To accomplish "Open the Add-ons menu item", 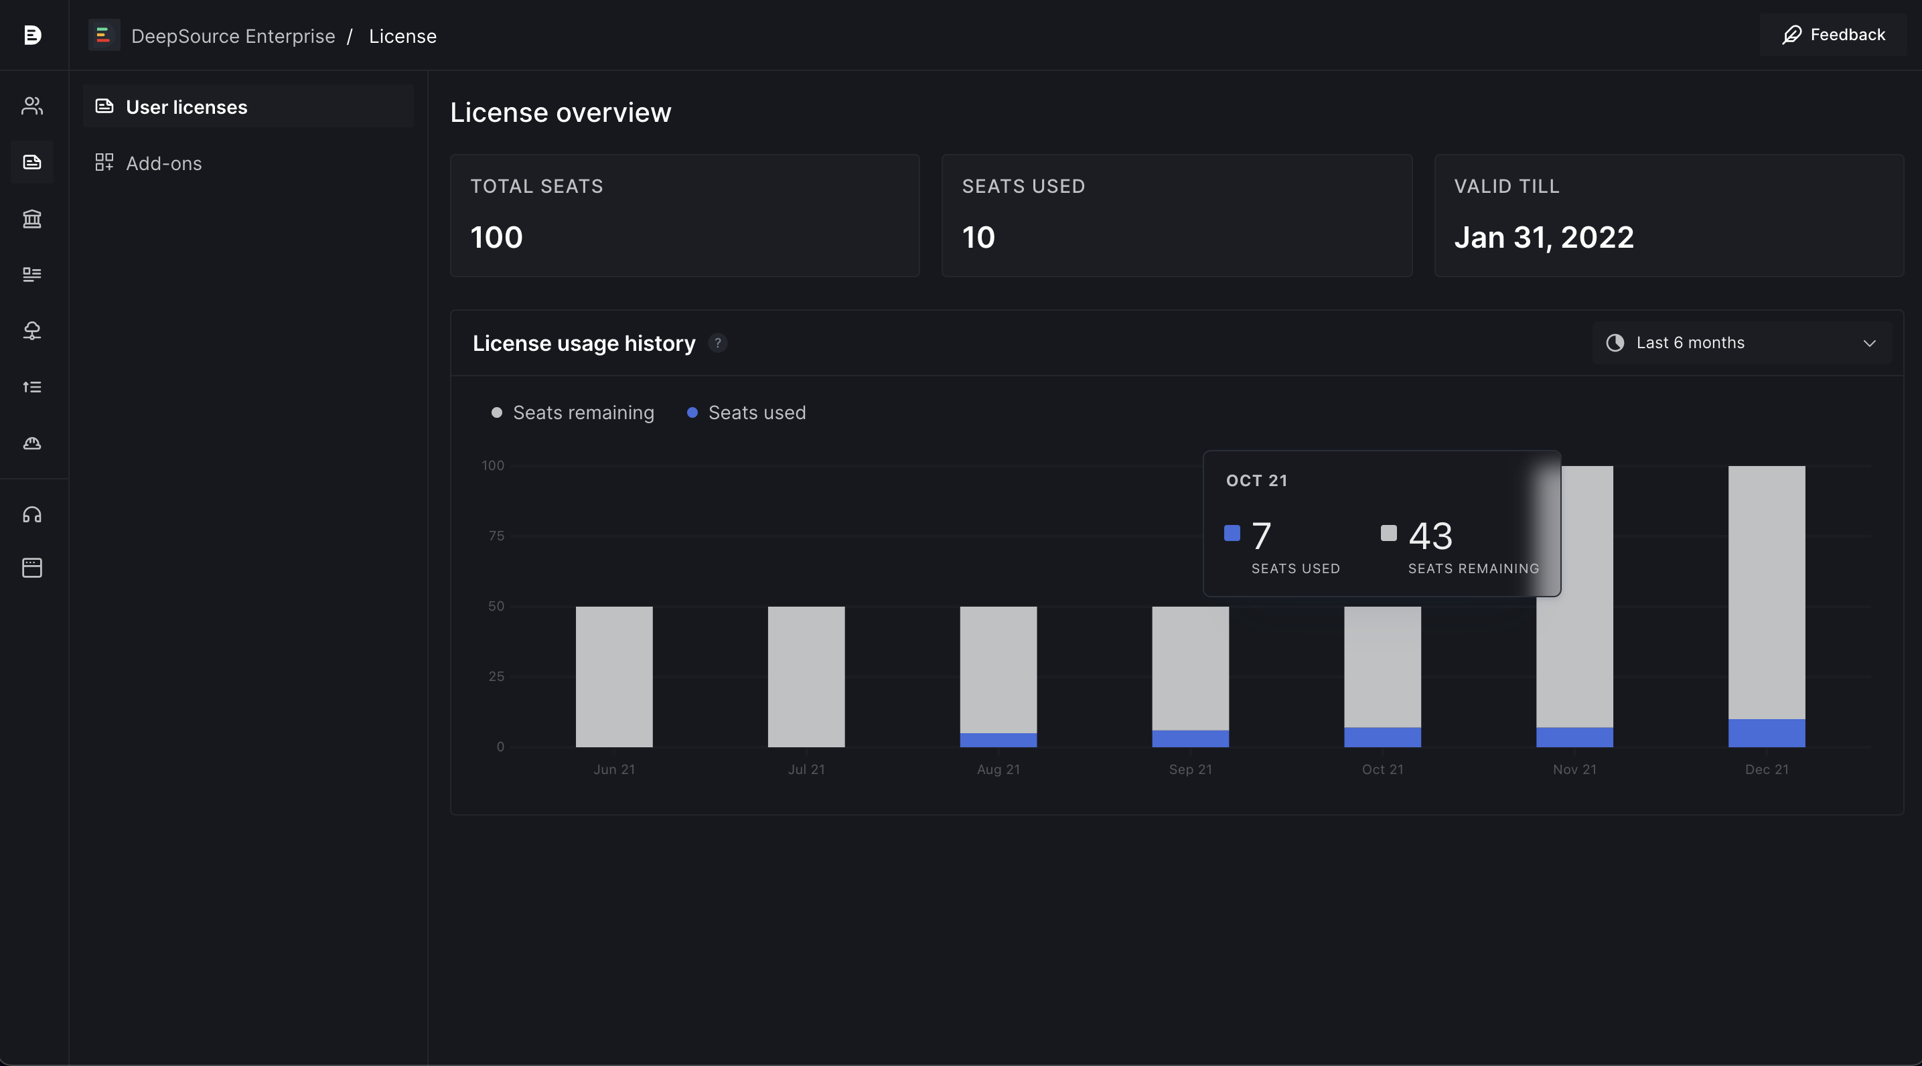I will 163,163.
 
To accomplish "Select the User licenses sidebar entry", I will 187,107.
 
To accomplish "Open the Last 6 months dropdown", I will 1741,343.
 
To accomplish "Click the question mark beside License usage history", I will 718,343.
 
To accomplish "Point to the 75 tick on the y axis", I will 496,536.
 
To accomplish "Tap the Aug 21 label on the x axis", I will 999,769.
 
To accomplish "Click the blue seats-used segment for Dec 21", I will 1766,733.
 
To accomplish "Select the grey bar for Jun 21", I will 614,676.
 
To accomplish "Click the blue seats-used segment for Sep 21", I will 1190,739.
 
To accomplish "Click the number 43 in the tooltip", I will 1430,536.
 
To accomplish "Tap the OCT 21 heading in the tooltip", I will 1256,480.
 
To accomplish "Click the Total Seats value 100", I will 496,237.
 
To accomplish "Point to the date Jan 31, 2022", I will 1544,237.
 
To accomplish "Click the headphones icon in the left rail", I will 32,515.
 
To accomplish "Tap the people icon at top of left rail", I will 32,106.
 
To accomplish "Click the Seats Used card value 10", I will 978,237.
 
